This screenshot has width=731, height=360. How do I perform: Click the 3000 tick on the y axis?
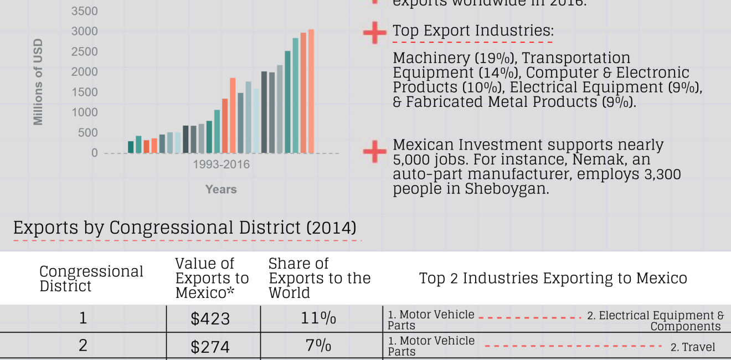pyautogui.click(x=84, y=32)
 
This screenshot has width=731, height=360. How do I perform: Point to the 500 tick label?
pyautogui.click(x=87, y=133)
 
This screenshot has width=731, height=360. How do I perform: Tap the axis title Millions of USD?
pyautogui.click(x=38, y=82)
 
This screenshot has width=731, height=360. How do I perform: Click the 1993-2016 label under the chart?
pyautogui.click(x=221, y=164)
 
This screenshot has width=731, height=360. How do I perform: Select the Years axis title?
pyautogui.click(x=221, y=189)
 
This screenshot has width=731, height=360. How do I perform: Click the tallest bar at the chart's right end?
pyautogui.click(x=311, y=91)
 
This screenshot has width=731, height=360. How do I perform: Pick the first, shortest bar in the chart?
pyautogui.click(x=131, y=147)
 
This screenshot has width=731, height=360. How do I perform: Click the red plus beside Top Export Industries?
pyautogui.click(x=375, y=33)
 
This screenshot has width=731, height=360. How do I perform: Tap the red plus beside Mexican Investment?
pyautogui.click(x=375, y=152)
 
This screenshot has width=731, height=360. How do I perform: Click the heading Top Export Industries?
pyautogui.click(x=473, y=31)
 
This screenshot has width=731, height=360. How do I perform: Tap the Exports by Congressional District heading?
pyautogui.click(x=184, y=228)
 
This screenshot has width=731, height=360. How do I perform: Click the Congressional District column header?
pyautogui.click(x=91, y=279)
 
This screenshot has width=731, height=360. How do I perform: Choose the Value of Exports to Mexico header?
pyautogui.click(x=212, y=278)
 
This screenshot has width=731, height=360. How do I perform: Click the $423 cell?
pyautogui.click(x=210, y=319)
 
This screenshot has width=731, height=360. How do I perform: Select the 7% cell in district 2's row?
pyautogui.click(x=318, y=346)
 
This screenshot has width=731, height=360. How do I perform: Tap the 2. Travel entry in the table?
pyautogui.click(x=693, y=347)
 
